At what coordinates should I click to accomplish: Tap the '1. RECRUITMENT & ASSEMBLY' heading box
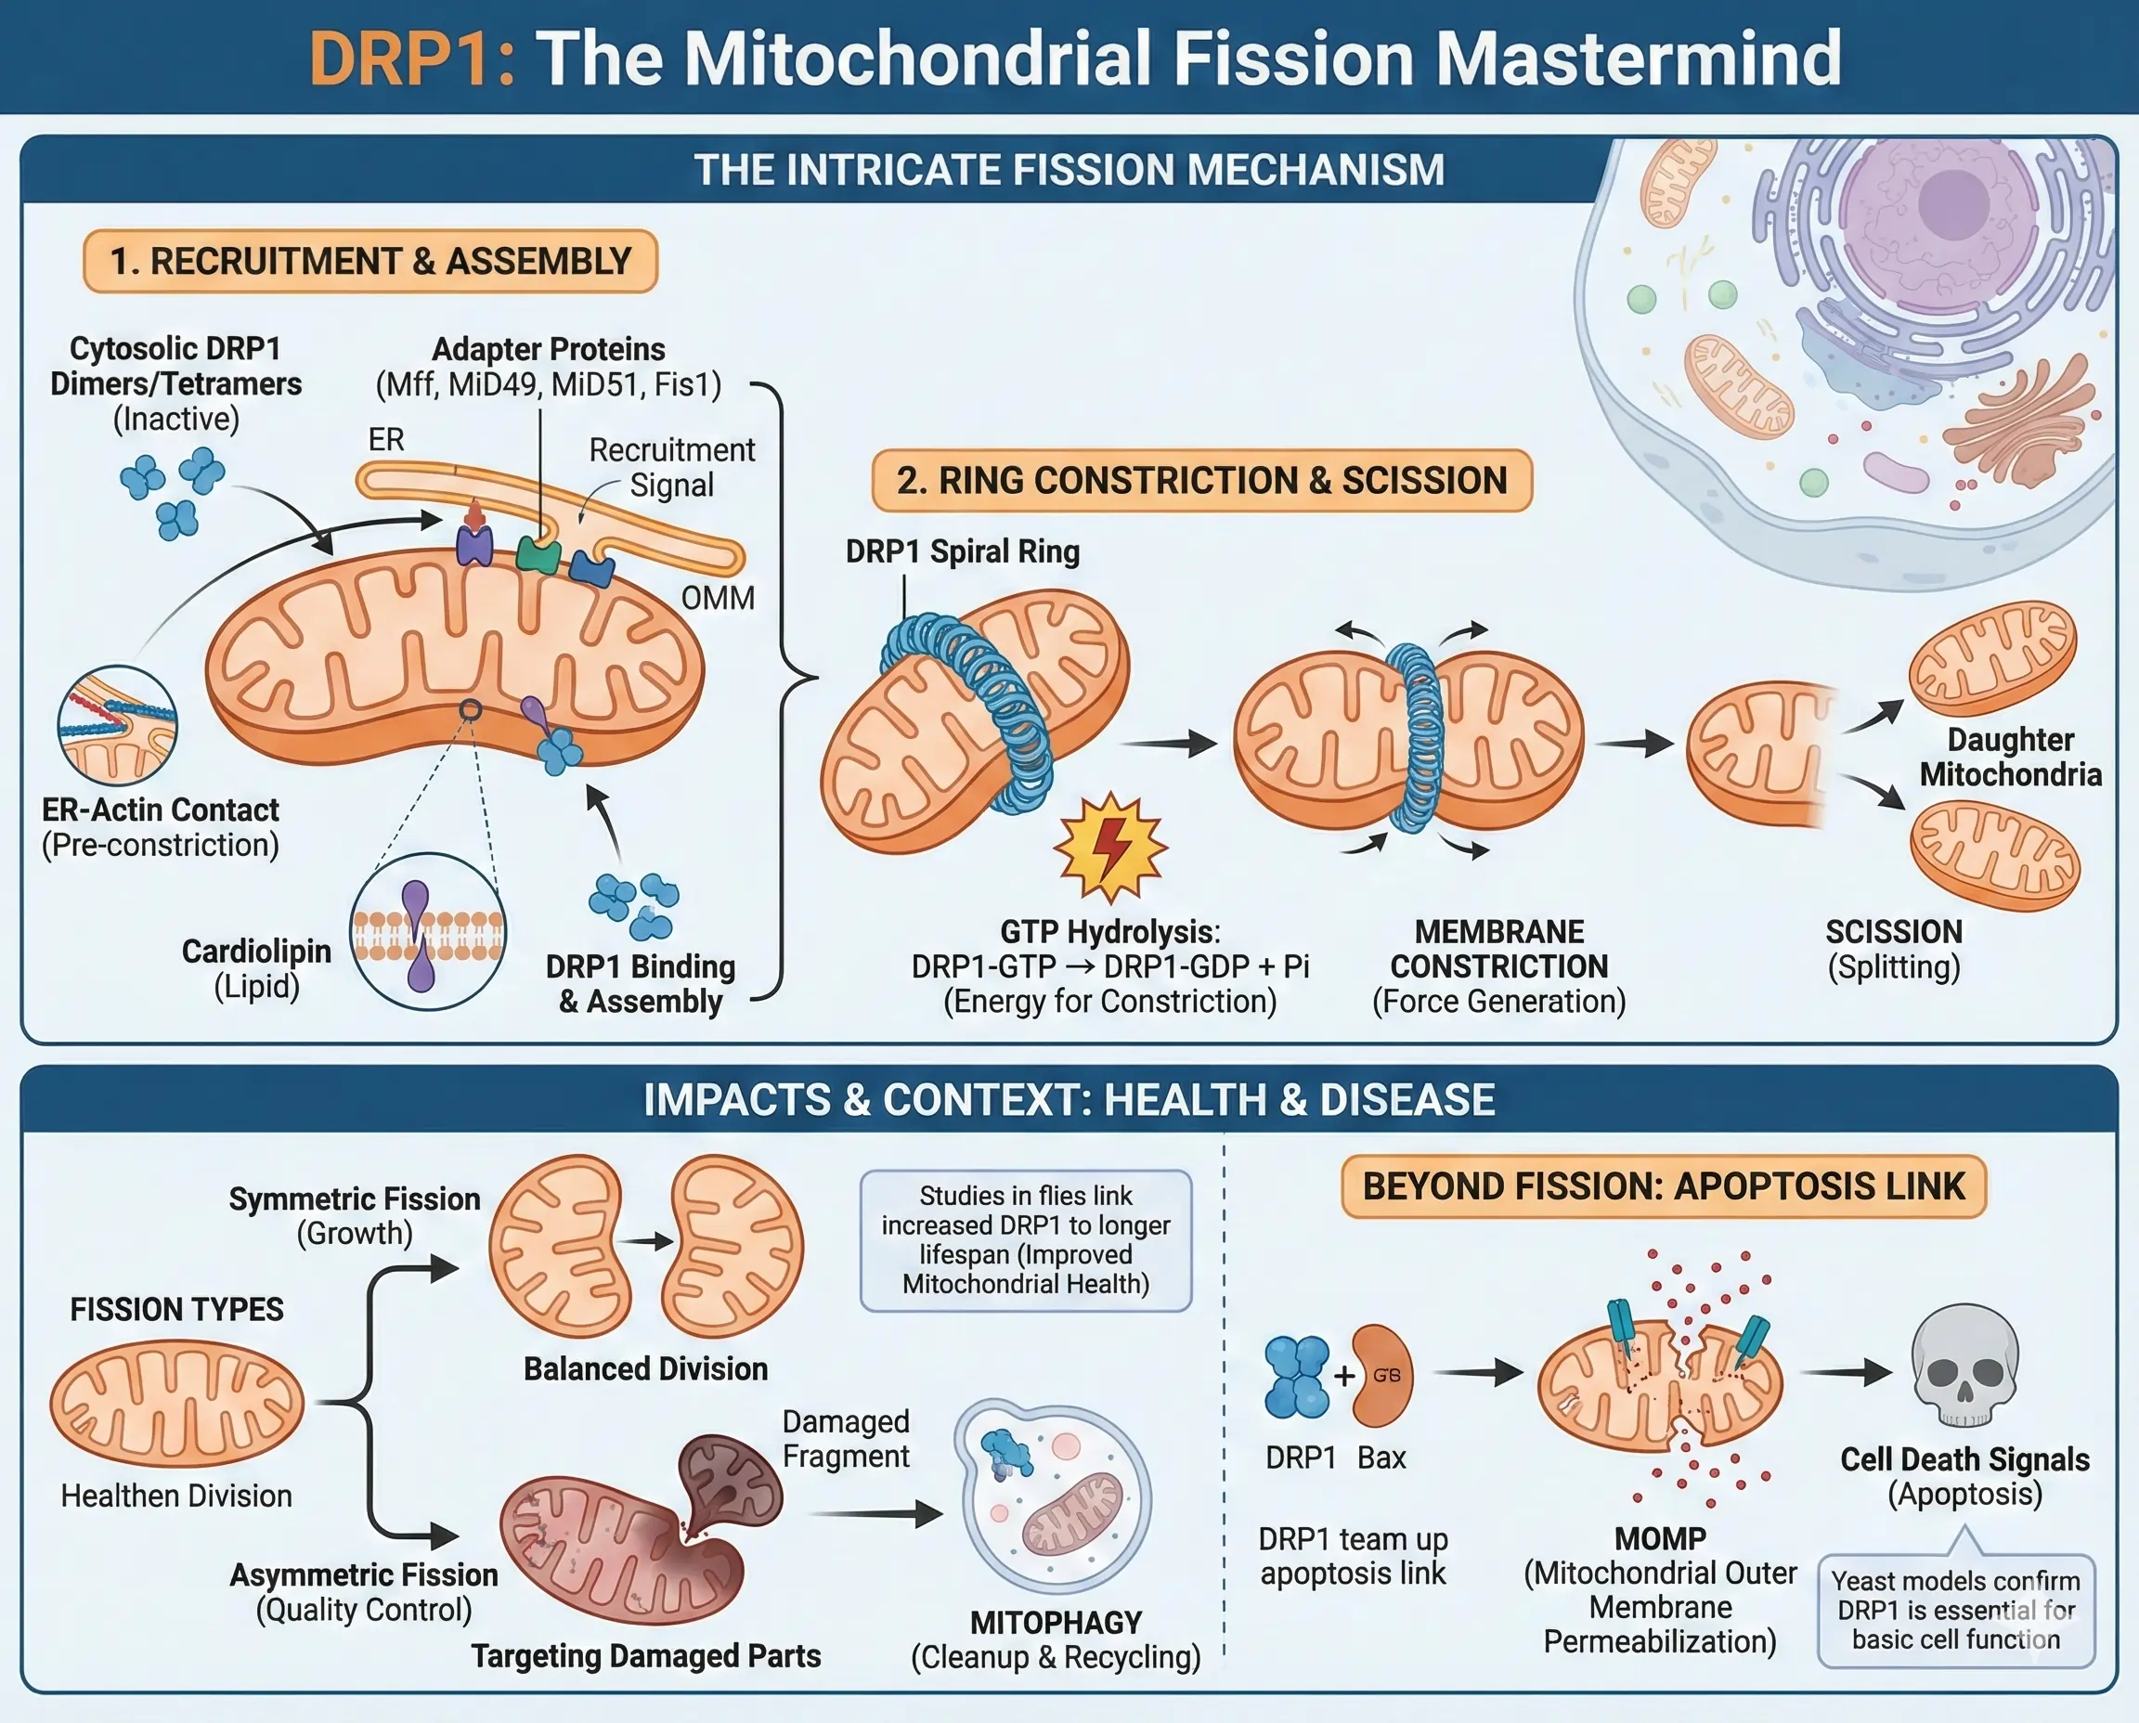coord(370,261)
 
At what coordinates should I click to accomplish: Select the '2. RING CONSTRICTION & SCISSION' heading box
coord(1201,480)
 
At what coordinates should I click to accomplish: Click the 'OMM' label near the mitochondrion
coord(718,599)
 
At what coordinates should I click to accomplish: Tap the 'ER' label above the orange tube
coord(386,440)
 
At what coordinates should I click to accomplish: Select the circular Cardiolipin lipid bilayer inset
coord(428,932)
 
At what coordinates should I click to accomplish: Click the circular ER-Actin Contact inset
coord(117,726)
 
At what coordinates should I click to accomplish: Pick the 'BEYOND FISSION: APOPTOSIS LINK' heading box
coord(1663,1186)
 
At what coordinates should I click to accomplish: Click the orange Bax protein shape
coord(1381,1375)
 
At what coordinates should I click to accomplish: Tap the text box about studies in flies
coord(1025,1239)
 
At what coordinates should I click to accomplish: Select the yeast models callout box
coord(1954,1610)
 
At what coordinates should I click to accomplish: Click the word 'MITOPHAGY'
coord(1055,1623)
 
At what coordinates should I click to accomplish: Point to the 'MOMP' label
coord(1660,1538)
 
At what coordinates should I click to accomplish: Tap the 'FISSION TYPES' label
coord(176,1309)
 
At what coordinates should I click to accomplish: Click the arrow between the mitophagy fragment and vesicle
coord(875,1513)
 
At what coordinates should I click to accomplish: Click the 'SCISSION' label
coord(1893,932)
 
